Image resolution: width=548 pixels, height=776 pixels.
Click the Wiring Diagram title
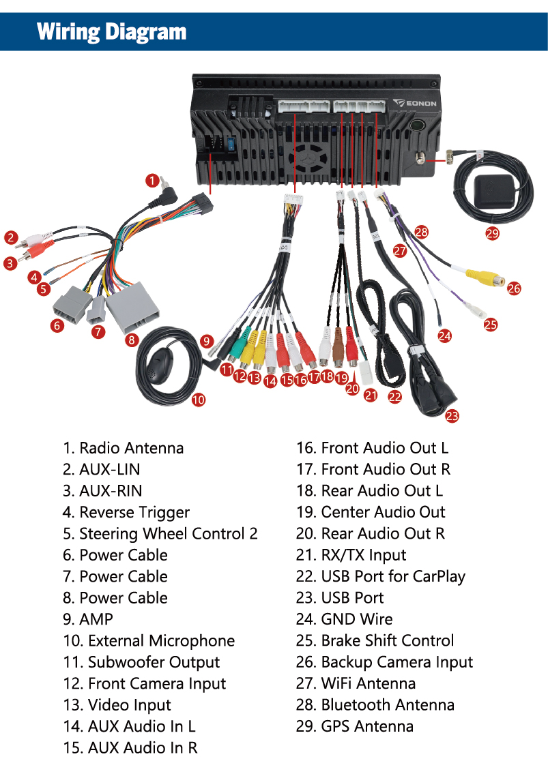(111, 32)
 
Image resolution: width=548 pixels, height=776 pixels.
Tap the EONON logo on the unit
(415, 103)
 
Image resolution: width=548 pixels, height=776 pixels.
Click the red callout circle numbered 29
(492, 233)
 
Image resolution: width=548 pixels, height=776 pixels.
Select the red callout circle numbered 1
(152, 181)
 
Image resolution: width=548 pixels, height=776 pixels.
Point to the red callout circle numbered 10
(198, 400)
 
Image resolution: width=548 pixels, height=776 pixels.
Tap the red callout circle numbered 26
(514, 288)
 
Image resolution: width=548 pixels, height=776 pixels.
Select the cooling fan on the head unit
(308, 158)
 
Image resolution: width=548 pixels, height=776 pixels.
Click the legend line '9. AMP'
(88, 619)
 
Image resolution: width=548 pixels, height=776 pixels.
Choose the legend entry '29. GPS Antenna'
(355, 726)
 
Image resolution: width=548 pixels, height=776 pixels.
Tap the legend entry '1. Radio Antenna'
(124, 448)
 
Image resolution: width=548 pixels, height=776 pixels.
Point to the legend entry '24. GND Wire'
(345, 619)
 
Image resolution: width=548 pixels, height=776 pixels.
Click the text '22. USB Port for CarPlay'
(381, 577)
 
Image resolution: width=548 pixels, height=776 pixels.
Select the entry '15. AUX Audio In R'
(130, 747)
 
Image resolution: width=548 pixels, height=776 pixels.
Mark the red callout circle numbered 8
(131, 340)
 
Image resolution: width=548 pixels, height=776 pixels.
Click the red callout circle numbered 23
(452, 416)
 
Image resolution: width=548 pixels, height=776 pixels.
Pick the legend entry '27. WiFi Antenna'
(356, 683)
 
